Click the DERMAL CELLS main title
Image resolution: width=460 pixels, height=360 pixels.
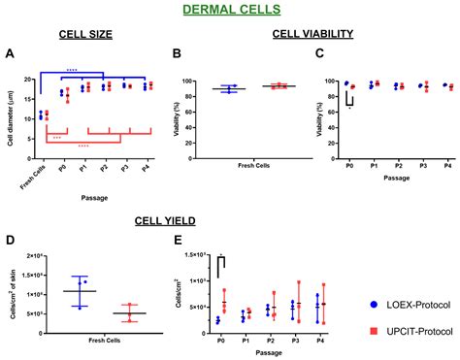click(229, 11)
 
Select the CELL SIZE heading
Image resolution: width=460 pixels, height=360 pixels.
click(85, 34)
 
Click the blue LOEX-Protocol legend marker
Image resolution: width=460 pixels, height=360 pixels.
click(375, 303)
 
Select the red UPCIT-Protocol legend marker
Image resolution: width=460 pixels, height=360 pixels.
click(375, 331)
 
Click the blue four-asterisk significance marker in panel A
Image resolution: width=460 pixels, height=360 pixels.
click(71, 70)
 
